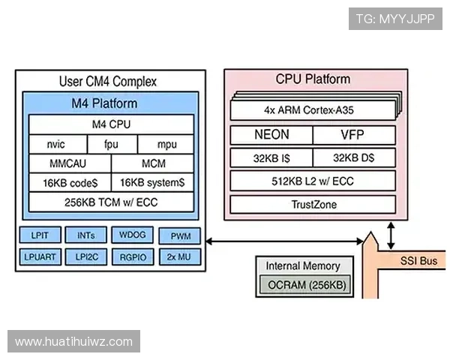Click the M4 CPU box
tap(111, 124)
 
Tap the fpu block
tap(111, 144)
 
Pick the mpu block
tap(166, 144)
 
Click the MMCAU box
tap(69, 163)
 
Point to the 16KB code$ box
tap(69, 182)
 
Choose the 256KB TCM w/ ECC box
tap(111, 202)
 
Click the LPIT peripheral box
tap(40, 236)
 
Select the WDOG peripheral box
tap(132, 236)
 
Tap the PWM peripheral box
tap(179, 236)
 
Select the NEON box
tap(271, 136)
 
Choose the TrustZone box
tap(312, 204)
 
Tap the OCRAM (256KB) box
tap(303, 286)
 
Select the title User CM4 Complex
tap(109, 81)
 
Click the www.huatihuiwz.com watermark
tap(73, 342)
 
